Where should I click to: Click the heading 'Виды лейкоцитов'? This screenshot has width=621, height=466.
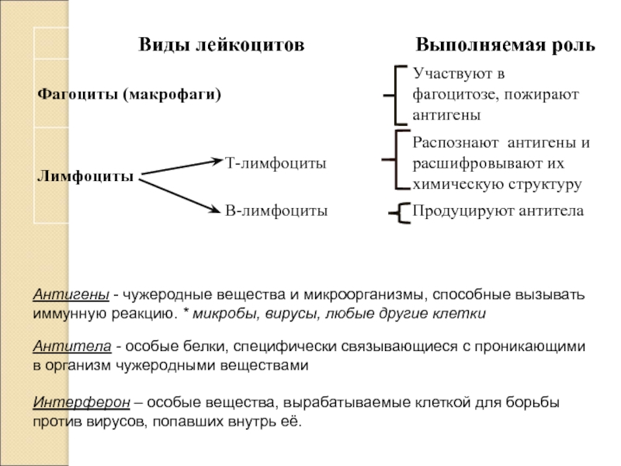tap(221, 45)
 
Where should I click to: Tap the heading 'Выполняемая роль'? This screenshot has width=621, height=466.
tap(506, 45)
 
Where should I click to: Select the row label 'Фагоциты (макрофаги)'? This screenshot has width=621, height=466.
tap(129, 95)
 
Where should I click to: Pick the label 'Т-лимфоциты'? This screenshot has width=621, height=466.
tap(276, 164)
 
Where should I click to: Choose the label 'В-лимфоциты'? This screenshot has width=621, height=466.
tap(276, 210)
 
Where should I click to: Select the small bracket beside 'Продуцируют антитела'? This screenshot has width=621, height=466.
tap(400, 212)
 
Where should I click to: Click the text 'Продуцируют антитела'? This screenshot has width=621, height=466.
tap(498, 210)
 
